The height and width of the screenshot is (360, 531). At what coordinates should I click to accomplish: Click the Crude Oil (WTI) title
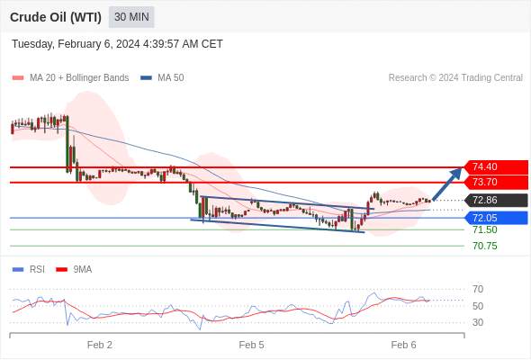pos(56,17)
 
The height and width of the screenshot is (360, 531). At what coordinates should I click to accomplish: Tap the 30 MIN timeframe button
pos(131,17)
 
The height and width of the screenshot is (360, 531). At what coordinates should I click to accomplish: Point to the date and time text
pos(117,44)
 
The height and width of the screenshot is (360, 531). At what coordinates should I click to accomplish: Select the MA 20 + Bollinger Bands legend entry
pos(70,77)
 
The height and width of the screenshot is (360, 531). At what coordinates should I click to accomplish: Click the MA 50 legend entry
pos(162,77)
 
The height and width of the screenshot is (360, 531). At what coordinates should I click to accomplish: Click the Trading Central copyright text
pos(455,77)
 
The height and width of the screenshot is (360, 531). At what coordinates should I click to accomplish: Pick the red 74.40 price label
pos(496,167)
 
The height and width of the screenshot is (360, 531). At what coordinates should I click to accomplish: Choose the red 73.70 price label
pos(496,182)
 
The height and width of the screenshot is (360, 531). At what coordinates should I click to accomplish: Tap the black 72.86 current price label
pos(496,200)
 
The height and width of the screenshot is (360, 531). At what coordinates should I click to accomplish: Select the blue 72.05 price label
pos(496,218)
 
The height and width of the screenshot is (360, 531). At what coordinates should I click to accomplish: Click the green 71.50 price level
pos(485,230)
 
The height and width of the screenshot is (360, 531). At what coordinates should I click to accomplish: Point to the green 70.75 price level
pos(485,246)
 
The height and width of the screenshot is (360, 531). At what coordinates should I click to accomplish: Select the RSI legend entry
pos(29,270)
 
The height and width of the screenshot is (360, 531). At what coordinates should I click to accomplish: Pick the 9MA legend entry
pos(74,270)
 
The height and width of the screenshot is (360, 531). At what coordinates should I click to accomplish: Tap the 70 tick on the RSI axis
pos(478,289)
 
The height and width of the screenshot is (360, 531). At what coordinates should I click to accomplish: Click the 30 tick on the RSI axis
pos(478,322)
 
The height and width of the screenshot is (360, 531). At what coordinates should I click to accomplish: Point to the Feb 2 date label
pos(100,345)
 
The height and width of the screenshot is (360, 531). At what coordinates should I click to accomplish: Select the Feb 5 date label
pos(251,345)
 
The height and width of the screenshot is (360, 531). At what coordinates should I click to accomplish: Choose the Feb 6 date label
pos(403,345)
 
